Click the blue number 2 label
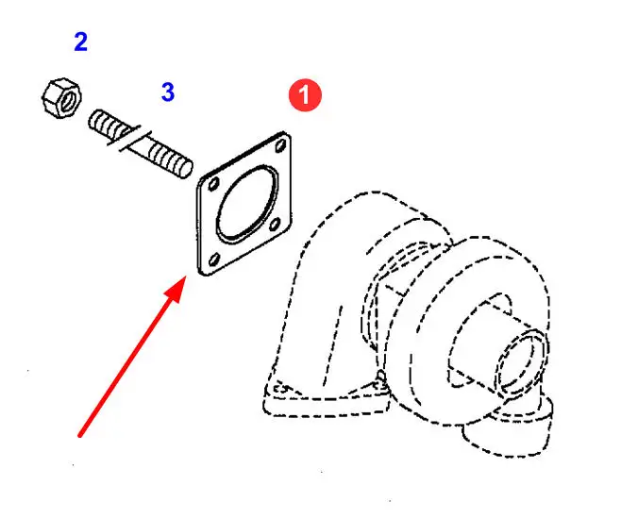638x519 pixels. pyautogui.click(x=80, y=42)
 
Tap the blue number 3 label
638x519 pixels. pyautogui.click(x=167, y=92)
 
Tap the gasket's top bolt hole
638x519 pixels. pyautogui.click(x=281, y=146)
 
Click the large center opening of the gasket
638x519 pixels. pyautogui.click(x=243, y=202)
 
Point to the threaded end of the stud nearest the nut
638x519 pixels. pyautogui.click(x=99, y=120)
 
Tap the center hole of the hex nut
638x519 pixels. pyautogui.click(x=59, y=94)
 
